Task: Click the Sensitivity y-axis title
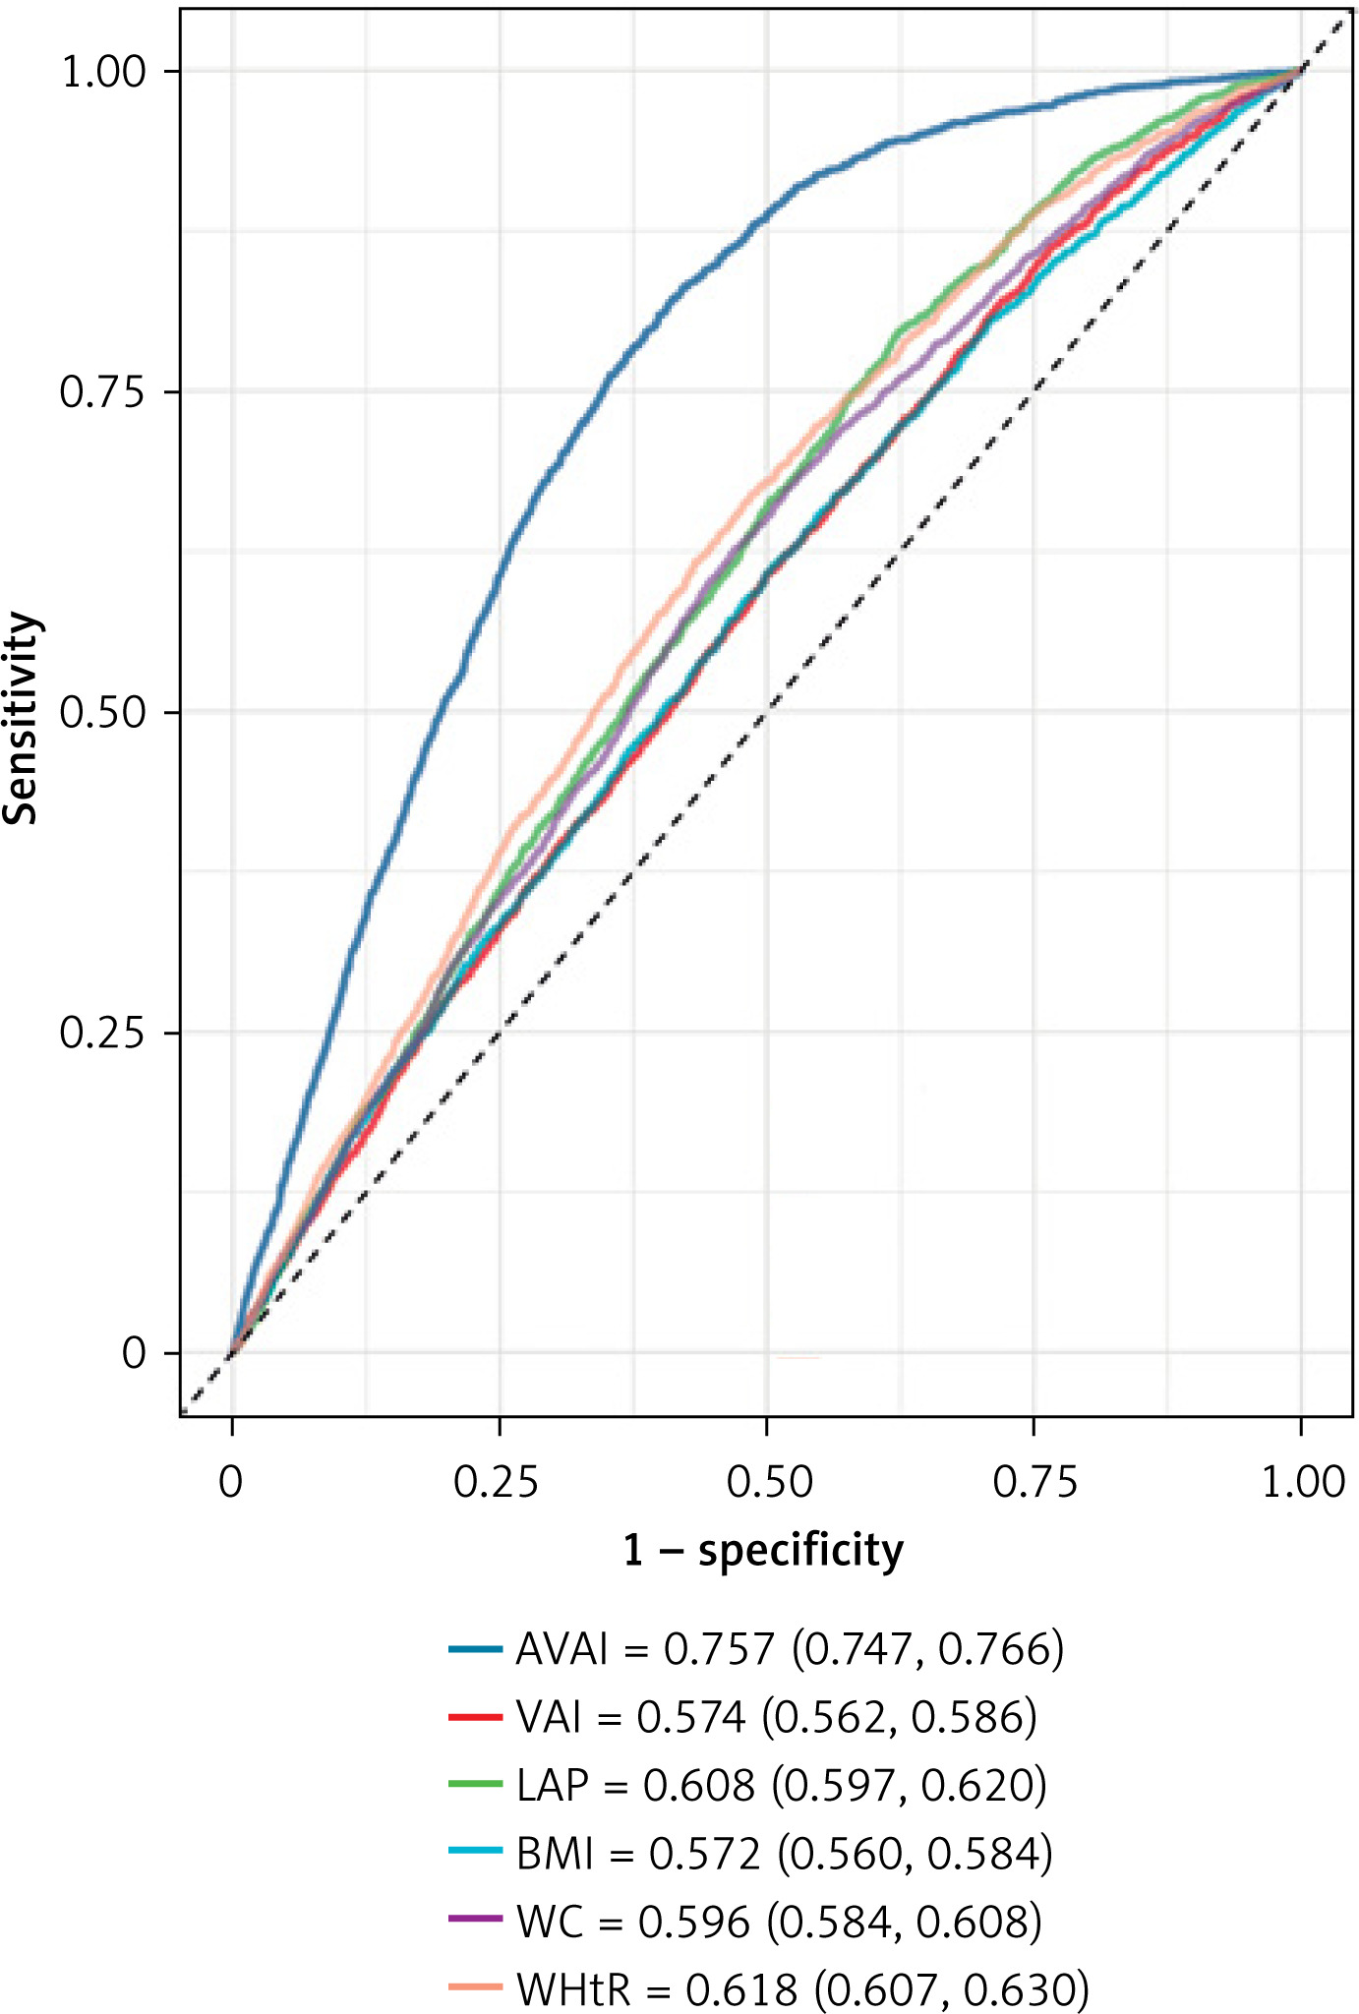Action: tap(22, 718)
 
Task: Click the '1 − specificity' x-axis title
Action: tap(763, 1551)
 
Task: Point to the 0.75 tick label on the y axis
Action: tap(102, 392)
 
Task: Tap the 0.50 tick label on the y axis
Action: tap(102, 713)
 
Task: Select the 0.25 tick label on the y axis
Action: tap(102, 1034)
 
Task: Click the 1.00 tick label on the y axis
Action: tap(102, 73)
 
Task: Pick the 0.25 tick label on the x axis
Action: tap(498, 1482)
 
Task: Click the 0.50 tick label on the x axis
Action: tap(768, 1482)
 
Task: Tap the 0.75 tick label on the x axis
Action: tap(1034, 1482)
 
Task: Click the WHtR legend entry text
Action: tap(802, 1989)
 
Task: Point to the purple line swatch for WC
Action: tap(476, 1921)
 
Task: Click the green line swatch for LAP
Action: tap(476, 1785)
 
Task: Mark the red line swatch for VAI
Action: tap(476, 1717)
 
